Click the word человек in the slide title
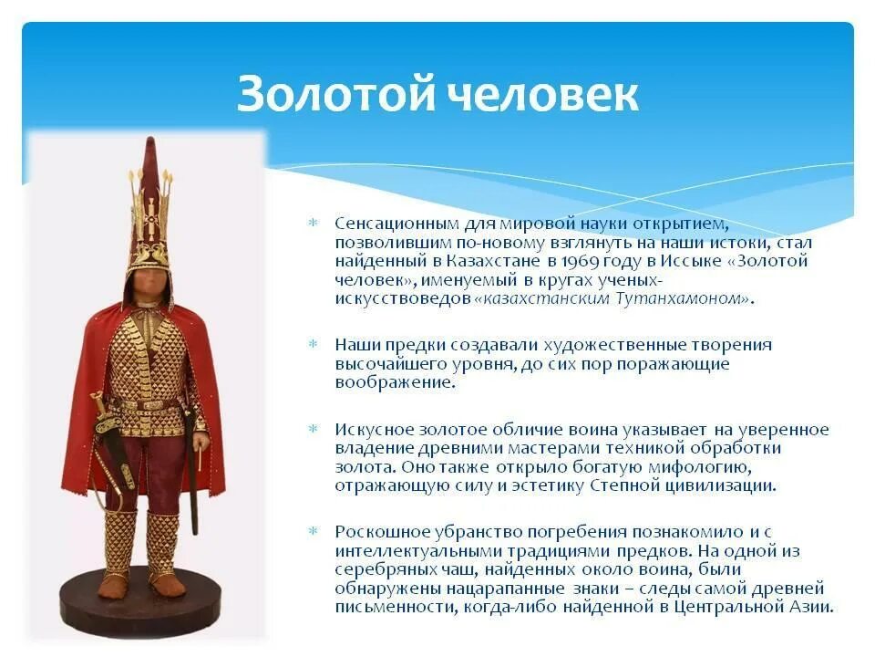tap(542, 93)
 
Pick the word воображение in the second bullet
tap(394, 382)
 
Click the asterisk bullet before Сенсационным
tap(312, 224)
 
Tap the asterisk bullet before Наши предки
tap(312, 345)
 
